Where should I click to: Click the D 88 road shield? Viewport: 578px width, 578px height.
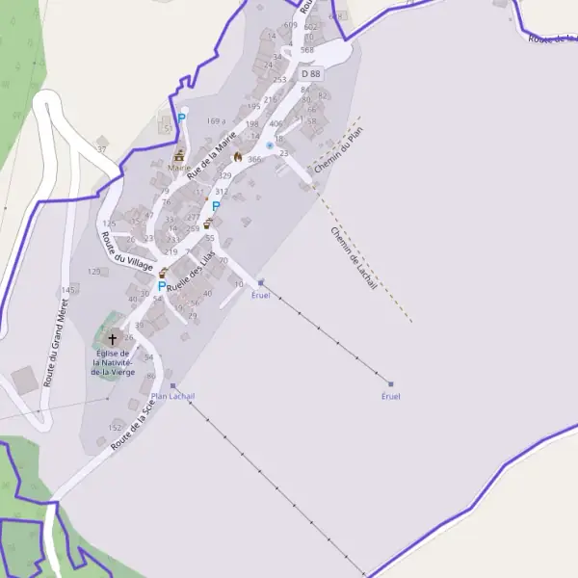click(310, 73)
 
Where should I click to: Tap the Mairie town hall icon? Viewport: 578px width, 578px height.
click(178, 154)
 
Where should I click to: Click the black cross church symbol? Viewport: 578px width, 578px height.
click(113, 339)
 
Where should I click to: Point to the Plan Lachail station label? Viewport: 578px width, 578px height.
click(173, 396)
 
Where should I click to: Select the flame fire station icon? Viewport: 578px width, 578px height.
click(238, 157)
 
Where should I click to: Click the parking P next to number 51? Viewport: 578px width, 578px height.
click(181, 118)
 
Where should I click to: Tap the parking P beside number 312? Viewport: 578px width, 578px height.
click(216, 205)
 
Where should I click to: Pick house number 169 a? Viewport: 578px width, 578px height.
click(215, 121)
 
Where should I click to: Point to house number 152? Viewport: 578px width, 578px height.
click(115, 427)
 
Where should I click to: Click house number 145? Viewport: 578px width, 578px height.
click(67, 289)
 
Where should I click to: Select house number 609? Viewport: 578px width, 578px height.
click(290, 25)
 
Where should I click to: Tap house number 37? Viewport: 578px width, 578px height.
click(100, 150)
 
